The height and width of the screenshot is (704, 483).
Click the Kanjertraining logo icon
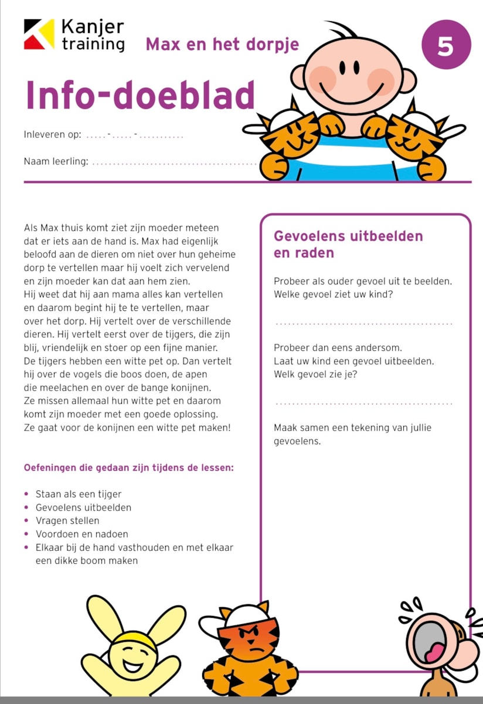39,34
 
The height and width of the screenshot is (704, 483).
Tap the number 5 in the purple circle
446,45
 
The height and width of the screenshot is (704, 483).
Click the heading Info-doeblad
140,95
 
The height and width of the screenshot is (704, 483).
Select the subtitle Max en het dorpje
222,44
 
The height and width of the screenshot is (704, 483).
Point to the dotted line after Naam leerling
175,163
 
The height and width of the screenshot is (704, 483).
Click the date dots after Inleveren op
134,136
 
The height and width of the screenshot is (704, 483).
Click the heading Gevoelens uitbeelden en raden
348,244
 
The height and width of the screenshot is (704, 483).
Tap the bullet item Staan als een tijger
79,494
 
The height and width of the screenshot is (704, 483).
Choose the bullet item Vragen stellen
67,520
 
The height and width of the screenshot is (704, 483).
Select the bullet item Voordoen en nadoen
81,534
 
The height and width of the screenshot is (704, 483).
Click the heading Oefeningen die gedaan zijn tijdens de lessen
128,468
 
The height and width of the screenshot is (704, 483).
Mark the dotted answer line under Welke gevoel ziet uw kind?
363,323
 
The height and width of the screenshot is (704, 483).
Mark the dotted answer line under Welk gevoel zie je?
363,403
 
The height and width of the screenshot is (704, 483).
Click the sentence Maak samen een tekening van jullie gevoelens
352,434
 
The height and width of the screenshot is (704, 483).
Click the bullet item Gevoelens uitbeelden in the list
83,507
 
